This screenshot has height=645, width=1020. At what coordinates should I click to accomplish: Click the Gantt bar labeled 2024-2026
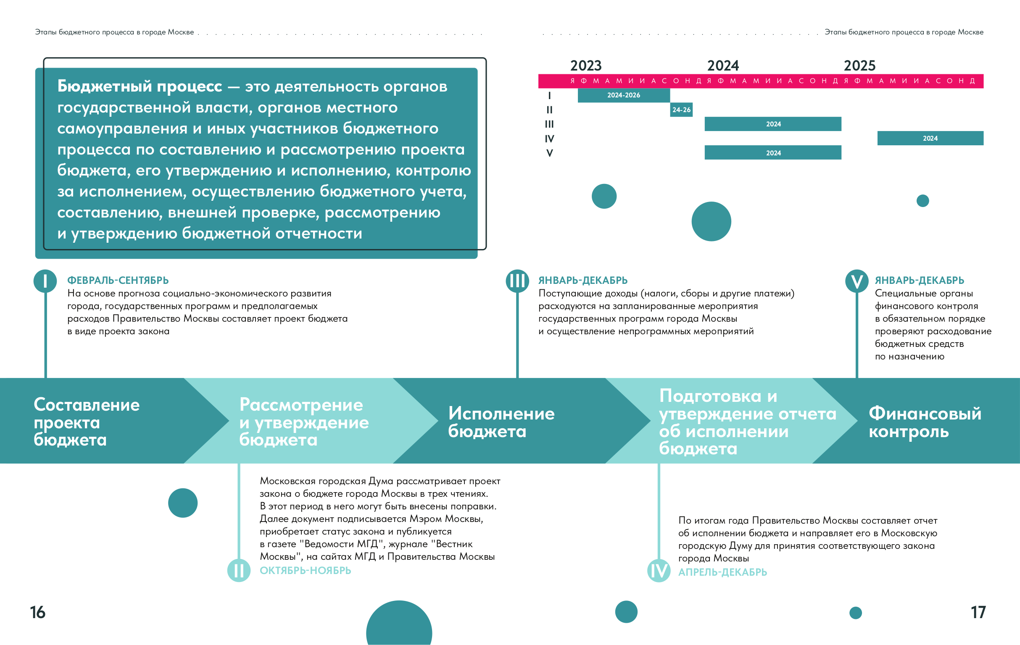(x=624, y=95)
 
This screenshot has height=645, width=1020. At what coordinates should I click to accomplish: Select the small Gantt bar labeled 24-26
(x=681, y=110)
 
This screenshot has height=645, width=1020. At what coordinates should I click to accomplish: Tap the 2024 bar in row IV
(x=930, y=139)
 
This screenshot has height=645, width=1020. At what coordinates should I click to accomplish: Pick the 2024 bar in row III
(x=772, y=124)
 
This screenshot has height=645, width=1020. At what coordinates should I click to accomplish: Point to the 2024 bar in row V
(x=772, y=153)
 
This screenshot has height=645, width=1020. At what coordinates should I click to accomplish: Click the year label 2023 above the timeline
(x=586, y=66)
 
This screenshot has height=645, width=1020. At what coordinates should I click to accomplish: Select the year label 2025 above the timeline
(x=859, y=66)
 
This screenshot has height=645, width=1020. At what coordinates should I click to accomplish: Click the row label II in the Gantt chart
(x=549, y=110)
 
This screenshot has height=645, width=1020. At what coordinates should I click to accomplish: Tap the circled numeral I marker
(x=45, y=281)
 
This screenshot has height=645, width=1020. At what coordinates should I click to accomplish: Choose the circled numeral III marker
(x=517, y=281)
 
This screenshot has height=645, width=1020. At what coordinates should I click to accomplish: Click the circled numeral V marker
(x=857, y=281)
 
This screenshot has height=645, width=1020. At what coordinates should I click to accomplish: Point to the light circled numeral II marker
(x=239, y=570)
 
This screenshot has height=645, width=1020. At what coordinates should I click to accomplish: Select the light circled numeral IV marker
(x=659, y=571)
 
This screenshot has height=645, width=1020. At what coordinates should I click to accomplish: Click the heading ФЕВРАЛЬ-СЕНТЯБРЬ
(x=118, y=280)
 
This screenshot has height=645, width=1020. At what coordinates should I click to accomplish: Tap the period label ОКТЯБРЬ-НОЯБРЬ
(x=306, y=571)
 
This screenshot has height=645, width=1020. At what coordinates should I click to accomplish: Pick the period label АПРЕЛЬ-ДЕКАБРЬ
(x=722, y=572)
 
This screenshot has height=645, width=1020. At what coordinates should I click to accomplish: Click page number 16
(x=38, y=612)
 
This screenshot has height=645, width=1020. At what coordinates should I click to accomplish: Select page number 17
(x=978, y=612)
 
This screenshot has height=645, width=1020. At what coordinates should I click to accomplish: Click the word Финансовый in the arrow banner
(x=925, y=413)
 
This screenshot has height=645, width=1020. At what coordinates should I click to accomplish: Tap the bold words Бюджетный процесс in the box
(x=140, y=87)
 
